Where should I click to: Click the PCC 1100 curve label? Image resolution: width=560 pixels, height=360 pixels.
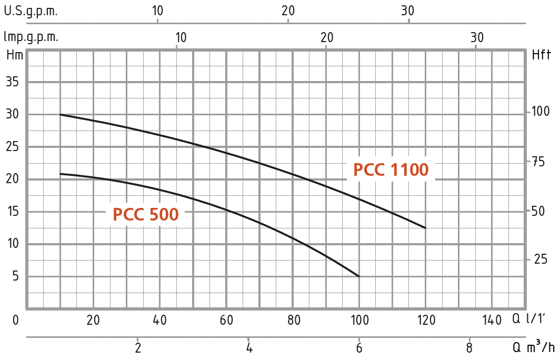(391, 170)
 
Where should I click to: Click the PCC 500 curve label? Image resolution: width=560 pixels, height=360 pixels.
(145, 215)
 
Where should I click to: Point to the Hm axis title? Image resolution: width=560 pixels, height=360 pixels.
(14, 54)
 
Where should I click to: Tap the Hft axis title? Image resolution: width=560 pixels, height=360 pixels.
(542, 54)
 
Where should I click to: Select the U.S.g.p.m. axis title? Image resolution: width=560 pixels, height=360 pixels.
(31, 11)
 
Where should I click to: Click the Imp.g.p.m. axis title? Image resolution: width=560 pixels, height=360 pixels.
(31, 37)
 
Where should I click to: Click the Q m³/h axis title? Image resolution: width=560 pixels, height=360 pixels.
(534, 347)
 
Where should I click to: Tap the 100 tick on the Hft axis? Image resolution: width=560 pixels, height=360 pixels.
(541, 112)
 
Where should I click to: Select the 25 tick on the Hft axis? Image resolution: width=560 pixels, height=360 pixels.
(541, 259)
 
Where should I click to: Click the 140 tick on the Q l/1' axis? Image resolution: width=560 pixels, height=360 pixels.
(492, 320)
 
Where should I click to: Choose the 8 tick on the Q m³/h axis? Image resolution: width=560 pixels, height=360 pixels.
(469, 348)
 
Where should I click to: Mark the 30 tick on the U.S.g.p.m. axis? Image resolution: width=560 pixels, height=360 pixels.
(408, 11)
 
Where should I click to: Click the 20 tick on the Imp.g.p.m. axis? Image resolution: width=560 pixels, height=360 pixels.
(327, 37)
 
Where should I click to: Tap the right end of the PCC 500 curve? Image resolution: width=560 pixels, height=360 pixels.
(359, 276)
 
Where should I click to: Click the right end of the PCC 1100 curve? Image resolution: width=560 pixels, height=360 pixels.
(425, 228)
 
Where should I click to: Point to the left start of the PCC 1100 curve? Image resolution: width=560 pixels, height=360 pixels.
(61, 114)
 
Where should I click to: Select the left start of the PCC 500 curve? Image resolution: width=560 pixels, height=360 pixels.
(61, 174)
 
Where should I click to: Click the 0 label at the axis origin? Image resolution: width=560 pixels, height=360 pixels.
(16, 320)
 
